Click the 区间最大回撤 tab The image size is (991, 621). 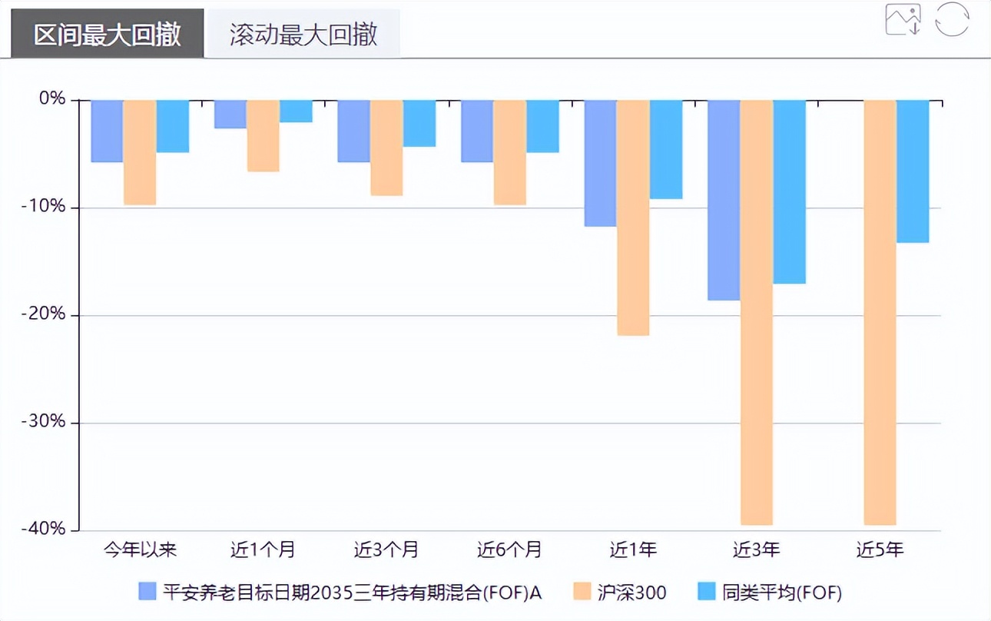tap(108, 35)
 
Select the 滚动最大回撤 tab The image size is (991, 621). tap(303, 35)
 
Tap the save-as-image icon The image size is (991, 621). tap(903, 19)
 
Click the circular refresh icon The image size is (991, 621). tap(952, 19)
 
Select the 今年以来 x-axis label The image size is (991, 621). tap(141, 550)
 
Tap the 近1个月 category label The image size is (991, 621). tap(263, 550)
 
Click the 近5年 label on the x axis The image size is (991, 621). tap(880, 550)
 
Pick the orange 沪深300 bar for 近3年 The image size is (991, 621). tap(757, 311)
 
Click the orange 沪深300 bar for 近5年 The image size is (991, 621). tap(880, 311)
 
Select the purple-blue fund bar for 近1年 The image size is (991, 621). tap(600, 163)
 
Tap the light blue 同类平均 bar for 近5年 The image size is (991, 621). tap(913, 171)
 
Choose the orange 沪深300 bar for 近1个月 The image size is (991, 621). tap(263, 135)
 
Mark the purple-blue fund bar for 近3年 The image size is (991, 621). tap(724, 200)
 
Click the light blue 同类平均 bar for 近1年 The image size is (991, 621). tap(666, 149)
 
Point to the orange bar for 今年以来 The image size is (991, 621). tap(140, 152)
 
